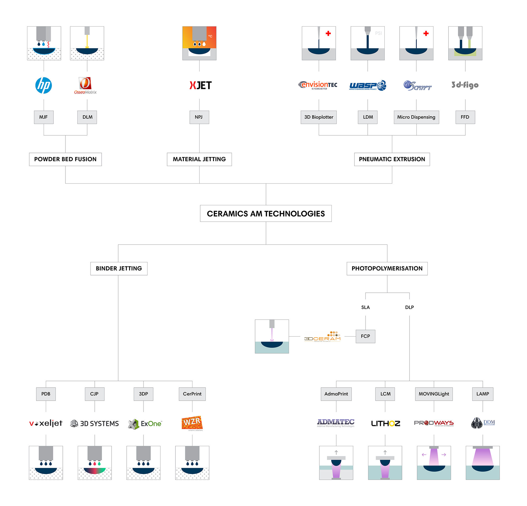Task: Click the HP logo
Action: [43, 85]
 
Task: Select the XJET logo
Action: [200, 85]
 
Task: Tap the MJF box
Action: [43, 117]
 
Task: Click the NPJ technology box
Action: [199, 117]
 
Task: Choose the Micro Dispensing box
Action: [416, 117]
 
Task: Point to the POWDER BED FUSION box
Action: [65, 159]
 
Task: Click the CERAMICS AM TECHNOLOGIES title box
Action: [266, 214]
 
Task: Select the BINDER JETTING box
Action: [119, 268]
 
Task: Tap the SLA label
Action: [365, 307]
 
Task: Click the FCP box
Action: [365, 336]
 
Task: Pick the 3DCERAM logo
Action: [322, 337]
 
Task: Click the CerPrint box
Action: [192, 394]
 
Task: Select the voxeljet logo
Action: [46, 423]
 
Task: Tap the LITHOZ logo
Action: [385, 424]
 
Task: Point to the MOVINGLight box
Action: [433, 394]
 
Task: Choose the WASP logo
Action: [368, 85]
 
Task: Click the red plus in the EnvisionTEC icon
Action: [328, 33]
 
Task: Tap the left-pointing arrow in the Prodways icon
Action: [424, 455]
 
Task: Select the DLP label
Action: [409, 307]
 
